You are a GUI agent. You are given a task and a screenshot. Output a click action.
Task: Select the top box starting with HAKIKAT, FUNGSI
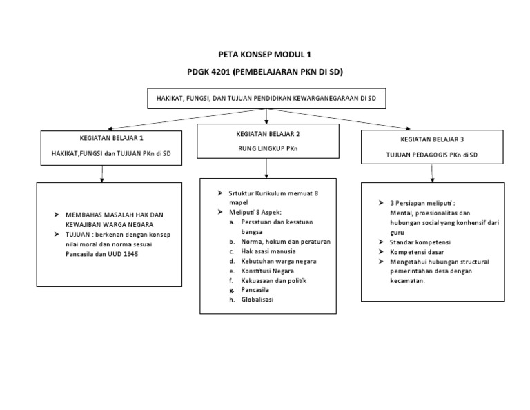point(266,99)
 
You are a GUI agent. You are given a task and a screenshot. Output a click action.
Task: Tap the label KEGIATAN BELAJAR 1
point(111,139)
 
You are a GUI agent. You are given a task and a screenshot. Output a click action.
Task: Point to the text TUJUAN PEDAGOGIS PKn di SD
point(433,155)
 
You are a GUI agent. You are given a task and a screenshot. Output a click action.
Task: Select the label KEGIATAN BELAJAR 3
point(433,139)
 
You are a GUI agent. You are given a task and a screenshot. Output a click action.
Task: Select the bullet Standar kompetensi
point(420,242)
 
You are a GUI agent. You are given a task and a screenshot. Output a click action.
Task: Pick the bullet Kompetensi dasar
point(415,252)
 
